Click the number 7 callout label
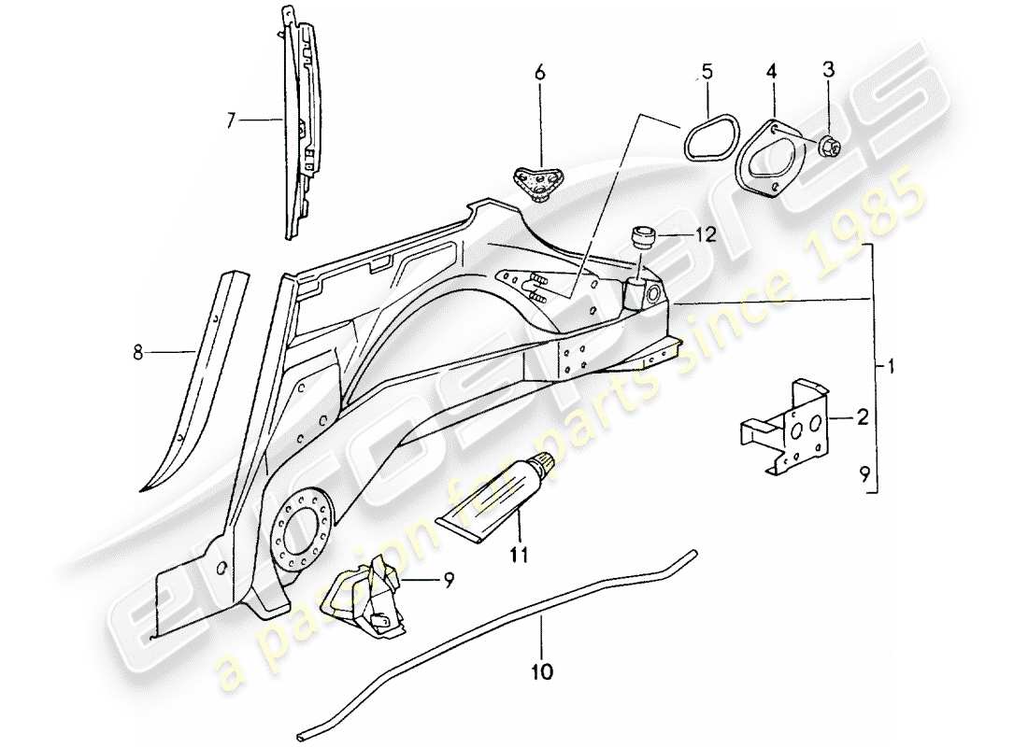[x=231, y=120]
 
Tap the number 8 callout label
[x=138, y=351]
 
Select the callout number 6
[x=538, y=72]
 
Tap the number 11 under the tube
[x=519, y=554]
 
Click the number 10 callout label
[x=543, y=670]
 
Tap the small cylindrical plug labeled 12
[x=640, y=236]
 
